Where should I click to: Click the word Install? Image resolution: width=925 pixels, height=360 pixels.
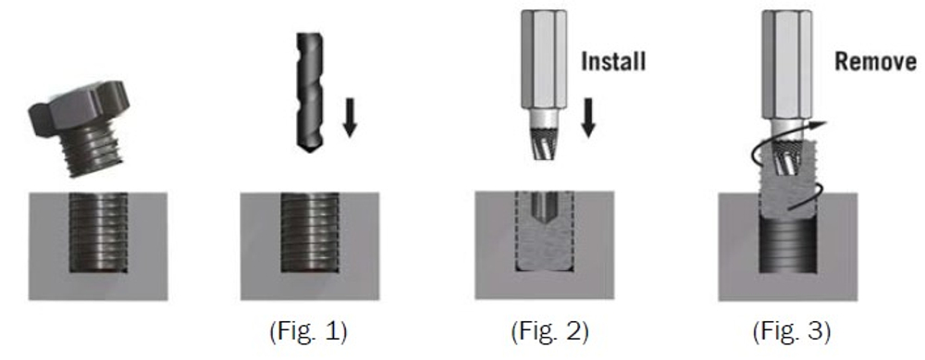pyautogui.click(x=613, y=61)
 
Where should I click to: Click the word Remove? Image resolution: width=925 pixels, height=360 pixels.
pyautogui.click(x=876, y=61)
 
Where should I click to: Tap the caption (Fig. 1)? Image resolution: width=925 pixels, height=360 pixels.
pyautogui.click(x=308, y=331)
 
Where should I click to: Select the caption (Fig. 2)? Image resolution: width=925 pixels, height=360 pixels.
pyautogui.click(x=549, y=331)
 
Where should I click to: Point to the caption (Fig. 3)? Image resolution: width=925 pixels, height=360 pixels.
pyautogui.click(x=791, y=331)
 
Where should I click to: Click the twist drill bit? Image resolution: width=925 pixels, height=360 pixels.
pyautogui.click(x=310, y=93)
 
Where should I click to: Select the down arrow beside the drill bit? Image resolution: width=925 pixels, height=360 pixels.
pyautogui.click(x=351, y=118)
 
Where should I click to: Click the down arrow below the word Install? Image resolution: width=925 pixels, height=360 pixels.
pyautogui.click(x=588, y=118)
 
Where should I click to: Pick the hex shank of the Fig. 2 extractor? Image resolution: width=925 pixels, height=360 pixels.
pyautogui.click(x=543, y=59)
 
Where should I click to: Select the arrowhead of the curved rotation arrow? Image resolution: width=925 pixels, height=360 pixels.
pyautogui.click(x=820, y=125)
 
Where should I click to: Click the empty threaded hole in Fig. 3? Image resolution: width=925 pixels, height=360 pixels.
pyautogui.click(x=787, y=244)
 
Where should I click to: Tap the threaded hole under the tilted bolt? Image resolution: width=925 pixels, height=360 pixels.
pyautogui.click(x=98, y=232)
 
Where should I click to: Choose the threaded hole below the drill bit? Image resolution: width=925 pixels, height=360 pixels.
pyautogui.click(x=310, y=232)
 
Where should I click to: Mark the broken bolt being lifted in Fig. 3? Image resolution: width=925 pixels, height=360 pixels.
pyautogui.click(x=787, y=180)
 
